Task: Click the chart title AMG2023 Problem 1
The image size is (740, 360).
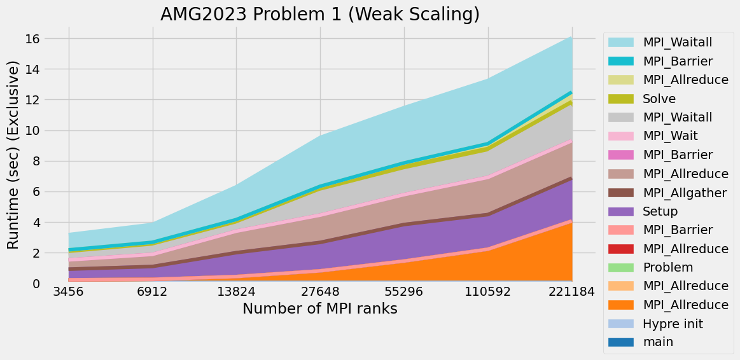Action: [x=319, y=14]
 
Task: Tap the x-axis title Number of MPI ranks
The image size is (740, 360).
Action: [x=320, y=309]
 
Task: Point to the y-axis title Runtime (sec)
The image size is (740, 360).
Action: [x=14, y=155]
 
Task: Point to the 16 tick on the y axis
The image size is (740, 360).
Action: [x=32, y=39]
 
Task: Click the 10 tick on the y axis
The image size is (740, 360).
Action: [x=32, y=131]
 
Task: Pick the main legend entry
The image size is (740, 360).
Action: [x=658, y=342]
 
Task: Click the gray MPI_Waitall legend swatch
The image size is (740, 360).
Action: [x=621, y=117]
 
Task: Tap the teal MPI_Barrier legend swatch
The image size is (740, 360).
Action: [x=621, y=61]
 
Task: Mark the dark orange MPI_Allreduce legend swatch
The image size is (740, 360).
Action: [x=621, y=305]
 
